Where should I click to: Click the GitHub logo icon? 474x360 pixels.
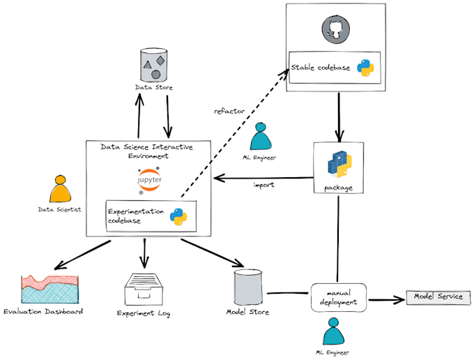tap(335, 29)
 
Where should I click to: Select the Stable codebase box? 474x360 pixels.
tap(335, 67)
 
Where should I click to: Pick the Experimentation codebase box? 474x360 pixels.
tap(151, 216)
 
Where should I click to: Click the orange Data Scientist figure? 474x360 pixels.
tap(61, 189)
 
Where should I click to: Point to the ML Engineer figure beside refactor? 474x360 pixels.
tap(261, 137)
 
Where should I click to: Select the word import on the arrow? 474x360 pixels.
tap(263, 185)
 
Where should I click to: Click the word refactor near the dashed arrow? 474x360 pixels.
tap(229, 111)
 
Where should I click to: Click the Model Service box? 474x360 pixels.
tap(438, 297)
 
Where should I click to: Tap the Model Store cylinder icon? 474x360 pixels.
tap(247, 286)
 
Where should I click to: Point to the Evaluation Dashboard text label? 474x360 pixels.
tap(43, 311)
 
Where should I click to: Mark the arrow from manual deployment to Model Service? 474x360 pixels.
tap(386, 300)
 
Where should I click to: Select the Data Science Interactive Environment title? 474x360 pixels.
tap(146, 151)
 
